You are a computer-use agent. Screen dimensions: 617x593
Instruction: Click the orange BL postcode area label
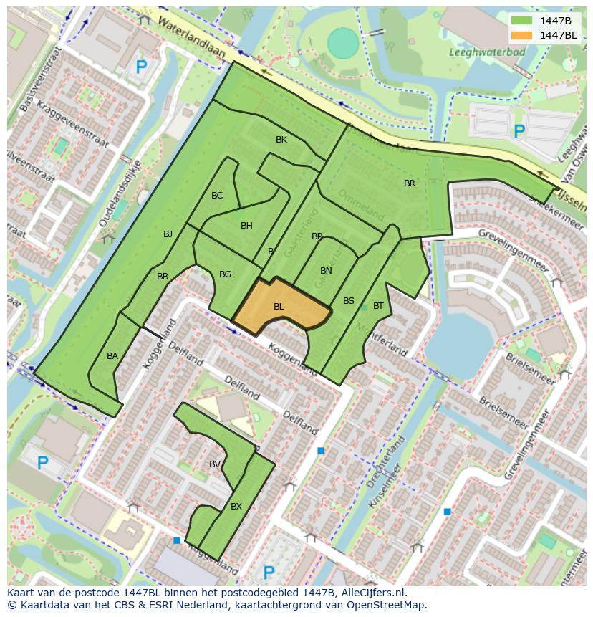pyautogui.click(x=279, y=307)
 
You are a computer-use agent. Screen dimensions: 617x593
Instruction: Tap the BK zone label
pyautogui.click(x=281, y=140)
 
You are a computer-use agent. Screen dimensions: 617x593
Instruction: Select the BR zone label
pyautogui.click(x=410, y=183)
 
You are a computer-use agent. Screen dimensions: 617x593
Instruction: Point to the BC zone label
pyautogui.click(x=217, y=196)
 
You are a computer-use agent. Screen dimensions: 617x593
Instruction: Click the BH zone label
pyautogui.click(x=246, y=226)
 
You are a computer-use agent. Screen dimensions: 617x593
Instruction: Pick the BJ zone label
pyautogui.click(x=168, y=234)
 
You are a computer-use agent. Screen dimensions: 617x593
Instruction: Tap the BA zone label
pyautogui.click(x=112, y=356)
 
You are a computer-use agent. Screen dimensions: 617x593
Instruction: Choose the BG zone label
pyautogui.click(x=225, y=274)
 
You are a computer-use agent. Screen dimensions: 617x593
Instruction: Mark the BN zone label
pyautogui.click(x=326, y=271)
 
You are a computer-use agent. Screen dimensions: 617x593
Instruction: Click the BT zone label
pyautogui.click(x=378, y=306)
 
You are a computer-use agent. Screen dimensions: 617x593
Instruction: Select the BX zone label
pyautogui.click(x=236, y=507)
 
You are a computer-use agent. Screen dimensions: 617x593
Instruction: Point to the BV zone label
pyautogui.click(x=215, y=464)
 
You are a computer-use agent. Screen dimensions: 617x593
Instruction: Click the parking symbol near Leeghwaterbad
pyautogui.click(x=519, y=131)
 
